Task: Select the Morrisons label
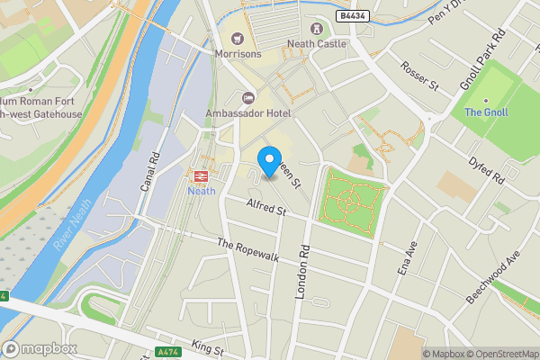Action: point(238,53)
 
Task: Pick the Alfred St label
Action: point(265,211)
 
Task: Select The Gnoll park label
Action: point(486,112)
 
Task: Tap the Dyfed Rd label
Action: point(486,166)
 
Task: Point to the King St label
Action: point(207,348)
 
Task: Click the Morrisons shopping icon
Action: point(238,37)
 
